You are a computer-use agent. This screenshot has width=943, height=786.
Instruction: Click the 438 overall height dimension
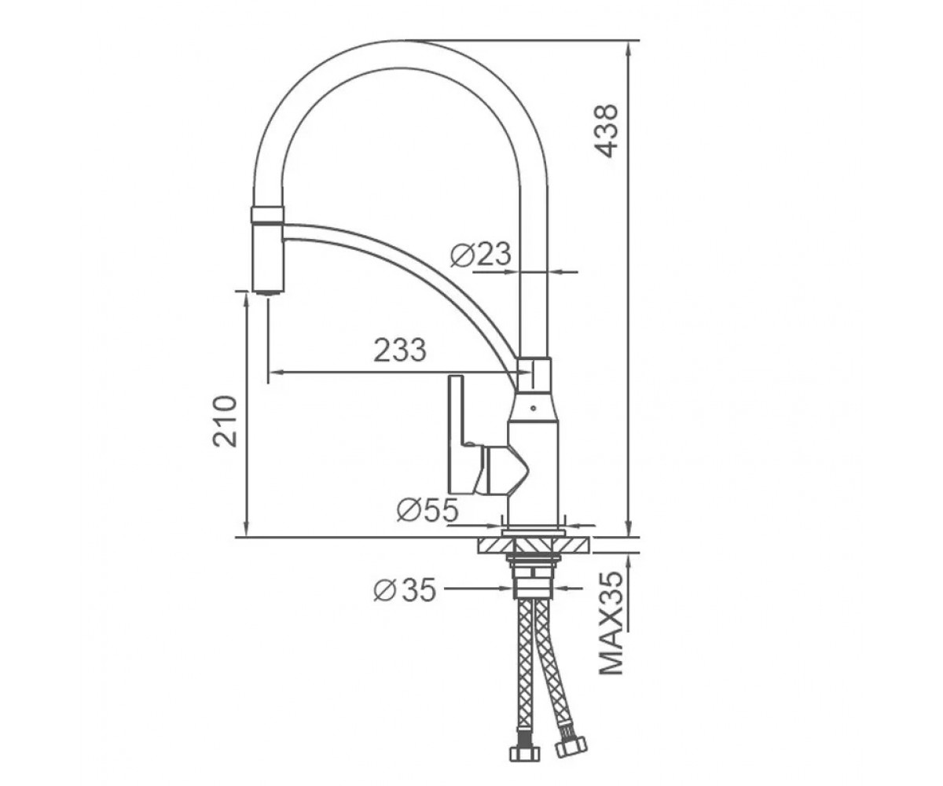tap(606, 131)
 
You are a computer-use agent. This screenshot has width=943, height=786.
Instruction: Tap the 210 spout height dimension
tap(225, 421)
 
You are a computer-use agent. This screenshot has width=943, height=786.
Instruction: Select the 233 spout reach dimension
tap(400, 350)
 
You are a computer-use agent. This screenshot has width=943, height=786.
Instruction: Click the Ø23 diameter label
tap(480, 255)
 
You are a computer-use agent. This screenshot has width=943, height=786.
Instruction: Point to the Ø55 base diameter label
tap(427, 510)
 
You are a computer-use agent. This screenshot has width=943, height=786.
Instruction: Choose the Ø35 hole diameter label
tap(405, 589)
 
